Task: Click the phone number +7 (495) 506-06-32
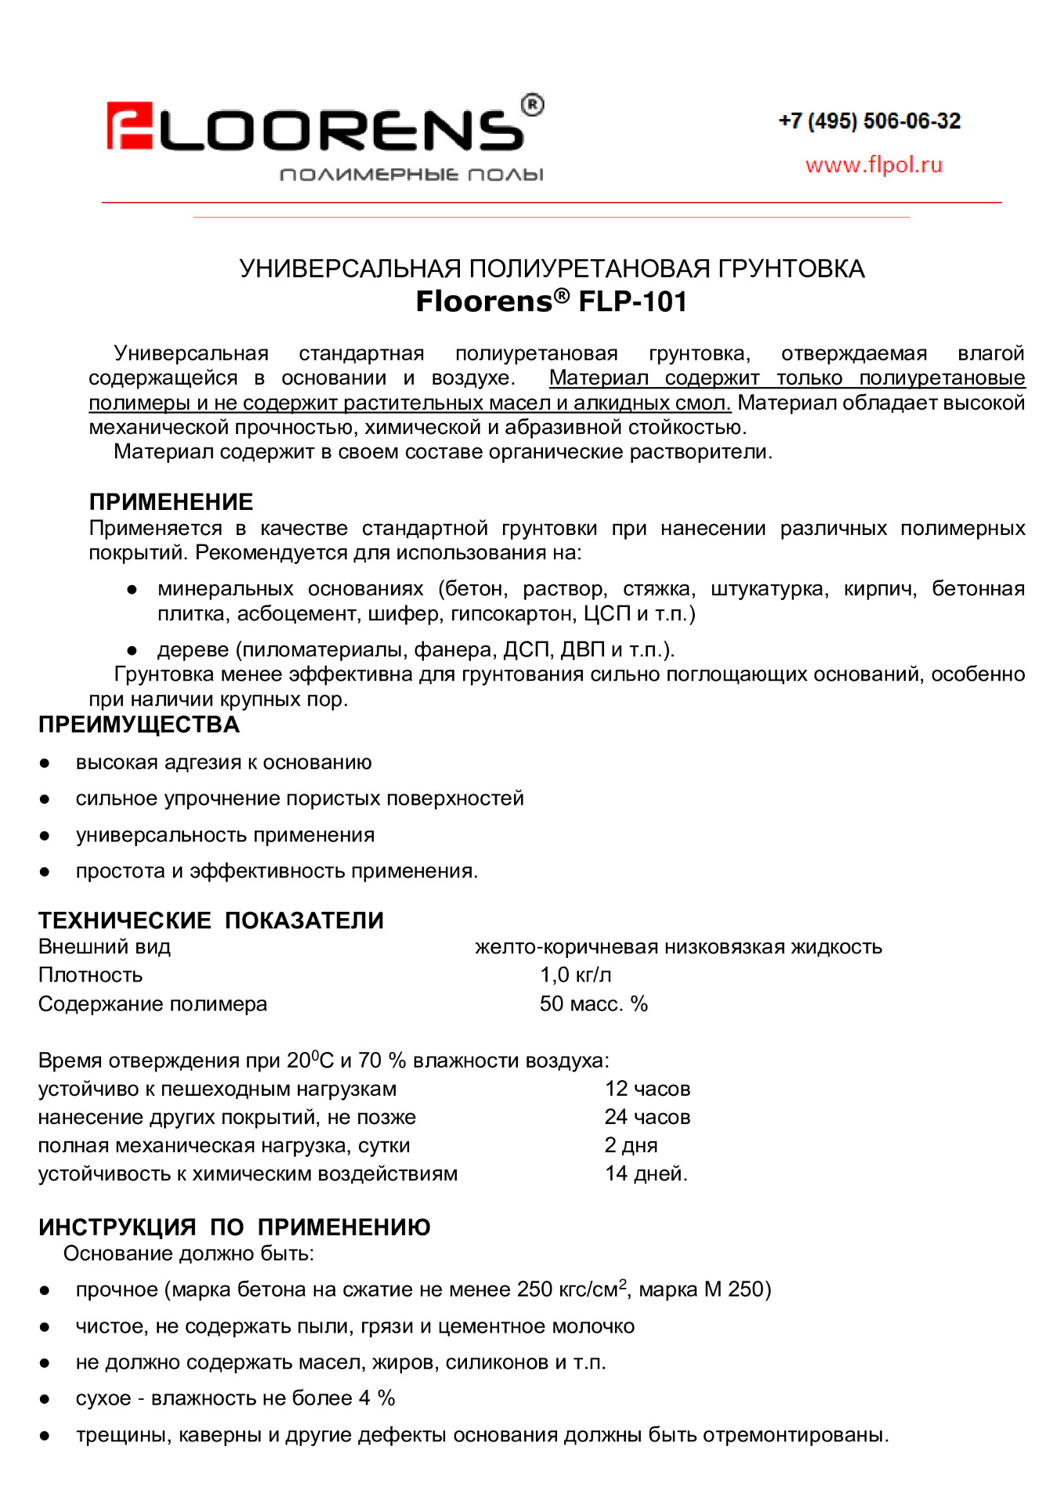click(x=869, y=121)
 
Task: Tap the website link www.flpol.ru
click(x=874, y=165)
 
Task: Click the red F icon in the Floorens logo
click(x=129, y=125)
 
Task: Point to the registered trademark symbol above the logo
click(x=532, y=104)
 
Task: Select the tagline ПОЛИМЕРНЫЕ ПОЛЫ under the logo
click(x=411, y=174)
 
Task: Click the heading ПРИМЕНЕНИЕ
click(x=171, y=501)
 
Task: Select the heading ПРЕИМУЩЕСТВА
click(x=139, y=725)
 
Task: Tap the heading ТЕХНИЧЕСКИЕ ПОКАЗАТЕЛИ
click(x=211, y=920)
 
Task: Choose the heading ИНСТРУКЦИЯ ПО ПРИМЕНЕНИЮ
click(x=234, y=1227)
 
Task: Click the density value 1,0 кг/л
click(x=575, y=975)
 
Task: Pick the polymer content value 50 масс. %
click(x=593, y=1004)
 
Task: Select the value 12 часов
click(x=647, y=1089)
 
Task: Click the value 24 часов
click(x=647, y=1117)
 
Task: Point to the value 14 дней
click(x=646, y=1173)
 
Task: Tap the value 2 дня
click(x=631, y=1145)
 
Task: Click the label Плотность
click(x=90, y=975)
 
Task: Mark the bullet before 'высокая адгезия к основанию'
click(x=45, y=763)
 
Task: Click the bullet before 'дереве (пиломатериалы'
click(x=132, y=650)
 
